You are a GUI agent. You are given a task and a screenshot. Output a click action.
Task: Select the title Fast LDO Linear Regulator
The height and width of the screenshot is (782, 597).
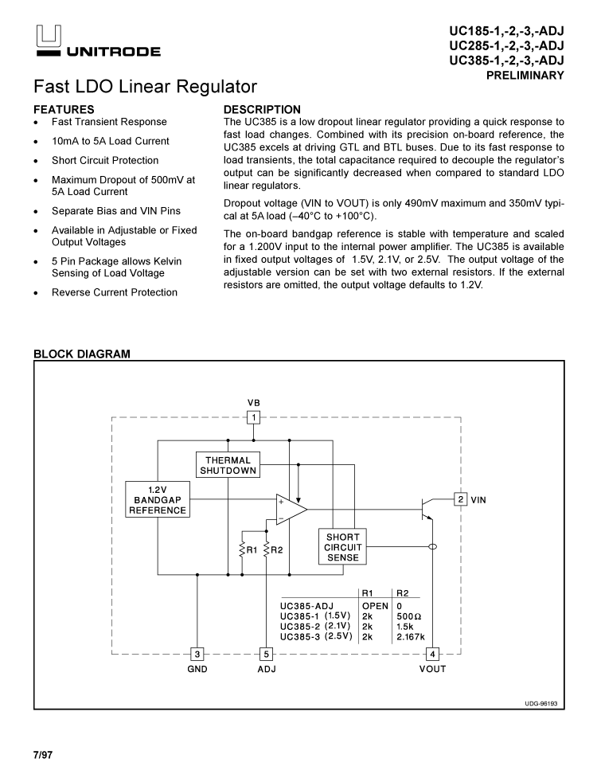[145, 86]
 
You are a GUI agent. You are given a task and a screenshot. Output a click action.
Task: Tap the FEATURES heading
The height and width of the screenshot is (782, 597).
[64, 109]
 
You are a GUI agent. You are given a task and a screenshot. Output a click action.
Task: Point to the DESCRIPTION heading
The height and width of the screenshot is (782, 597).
[262, 109]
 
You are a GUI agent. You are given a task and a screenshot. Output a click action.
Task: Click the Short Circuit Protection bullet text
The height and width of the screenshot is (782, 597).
[105, 160]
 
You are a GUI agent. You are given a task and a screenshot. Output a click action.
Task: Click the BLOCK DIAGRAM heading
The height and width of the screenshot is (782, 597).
[81, 354]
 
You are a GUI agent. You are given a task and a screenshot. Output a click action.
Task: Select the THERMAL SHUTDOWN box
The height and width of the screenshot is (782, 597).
[228, 465]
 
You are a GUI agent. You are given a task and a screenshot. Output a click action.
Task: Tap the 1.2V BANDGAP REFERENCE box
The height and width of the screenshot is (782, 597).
[158, 499]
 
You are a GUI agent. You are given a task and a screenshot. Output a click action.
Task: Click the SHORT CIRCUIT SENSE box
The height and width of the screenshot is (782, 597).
[343, 547]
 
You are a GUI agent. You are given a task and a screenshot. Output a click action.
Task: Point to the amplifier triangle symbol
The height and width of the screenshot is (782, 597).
[291, 510]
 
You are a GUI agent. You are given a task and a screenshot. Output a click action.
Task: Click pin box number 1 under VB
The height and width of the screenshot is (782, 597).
[253, 417]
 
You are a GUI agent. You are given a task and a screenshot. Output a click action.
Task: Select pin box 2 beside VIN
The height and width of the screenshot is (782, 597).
[460, 499]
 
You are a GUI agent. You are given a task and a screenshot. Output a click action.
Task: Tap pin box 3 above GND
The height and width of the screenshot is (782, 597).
[197, 654]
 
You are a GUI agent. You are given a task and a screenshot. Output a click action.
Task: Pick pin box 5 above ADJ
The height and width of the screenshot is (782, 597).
[266, 654]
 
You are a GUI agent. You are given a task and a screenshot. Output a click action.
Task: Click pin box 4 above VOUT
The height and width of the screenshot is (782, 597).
[432, 654]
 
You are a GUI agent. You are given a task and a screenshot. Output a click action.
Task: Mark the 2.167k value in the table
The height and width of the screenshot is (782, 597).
[411, 637]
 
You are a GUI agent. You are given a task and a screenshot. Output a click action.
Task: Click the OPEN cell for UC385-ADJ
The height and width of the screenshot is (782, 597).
[375, 606]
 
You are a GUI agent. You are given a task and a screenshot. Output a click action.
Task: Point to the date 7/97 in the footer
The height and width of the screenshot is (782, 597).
[43, 753]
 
